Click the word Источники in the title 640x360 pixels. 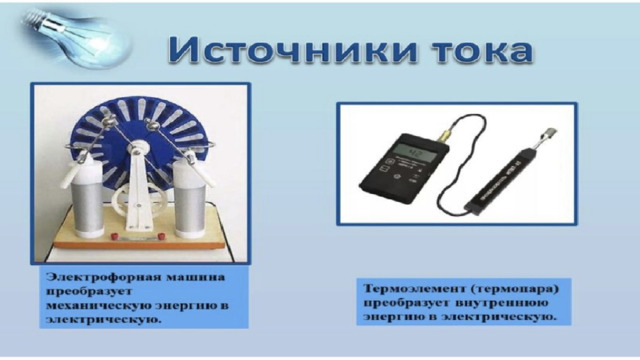point(293,50)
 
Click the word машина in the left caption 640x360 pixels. point(196,277)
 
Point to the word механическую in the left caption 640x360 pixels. point(100,306)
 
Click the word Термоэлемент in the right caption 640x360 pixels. point(415,289)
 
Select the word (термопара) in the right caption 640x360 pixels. point(515,289)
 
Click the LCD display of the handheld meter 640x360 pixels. point(416,153)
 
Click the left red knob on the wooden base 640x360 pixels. point(115,236)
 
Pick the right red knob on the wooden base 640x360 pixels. point(162,236)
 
